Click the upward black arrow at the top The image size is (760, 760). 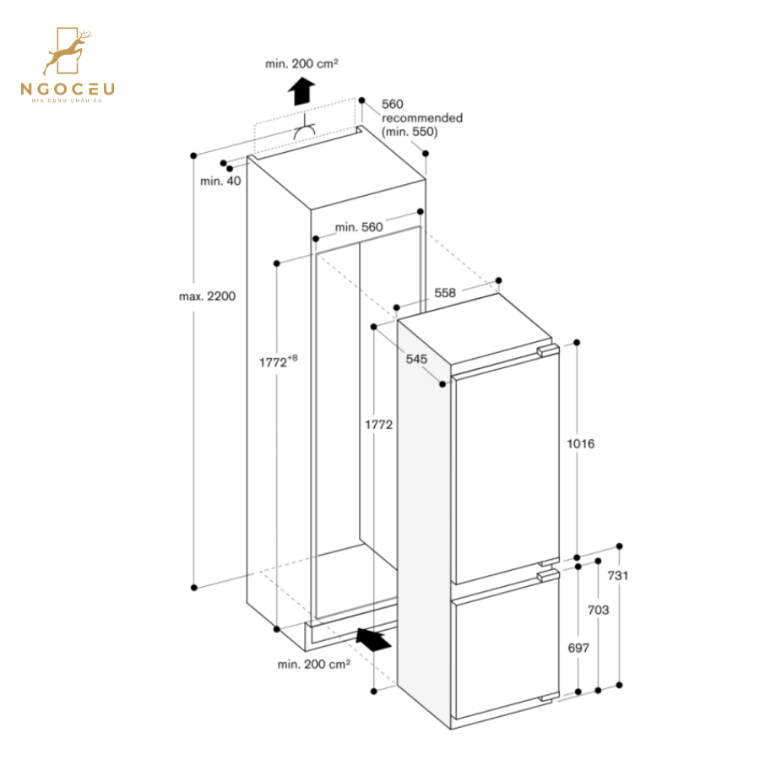pyautogui.click(x=301, y=89)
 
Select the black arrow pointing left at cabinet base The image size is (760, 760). pyautogui.click(x=374, y=639)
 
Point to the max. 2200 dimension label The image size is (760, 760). pyautogui.click(x=207, y=296)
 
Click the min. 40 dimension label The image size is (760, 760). pyautogui.click(x=220, y=181)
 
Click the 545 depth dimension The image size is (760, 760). pyautogui.click(x=416, y=359)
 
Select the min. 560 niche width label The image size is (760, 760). pyautogui.click(x=359, y=226)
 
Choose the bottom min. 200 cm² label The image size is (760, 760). pyautogui.click(x=313, y=665)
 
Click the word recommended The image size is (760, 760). pyautogui.click(x=422, y=118)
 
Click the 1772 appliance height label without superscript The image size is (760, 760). pyautogui.click(x=379, y=425)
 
